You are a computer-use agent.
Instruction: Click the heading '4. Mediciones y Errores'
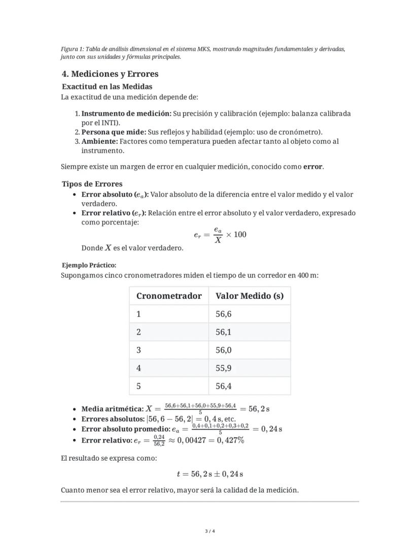[110, 74]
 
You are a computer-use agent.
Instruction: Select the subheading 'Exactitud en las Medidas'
[107, 87]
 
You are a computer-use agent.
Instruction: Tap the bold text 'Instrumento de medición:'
[126, 114]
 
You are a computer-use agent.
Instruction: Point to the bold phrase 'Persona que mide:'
[114, 132]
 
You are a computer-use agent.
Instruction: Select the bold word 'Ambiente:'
[99, 141]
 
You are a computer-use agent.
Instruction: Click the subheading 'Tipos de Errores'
[92, 184]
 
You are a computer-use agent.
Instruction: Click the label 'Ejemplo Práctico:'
[89, 265]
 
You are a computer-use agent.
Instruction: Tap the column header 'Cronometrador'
[168, 296]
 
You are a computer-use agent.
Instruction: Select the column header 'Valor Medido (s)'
[249, 296]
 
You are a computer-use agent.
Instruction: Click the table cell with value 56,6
[224, 314]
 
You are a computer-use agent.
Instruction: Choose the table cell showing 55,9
[224, 368]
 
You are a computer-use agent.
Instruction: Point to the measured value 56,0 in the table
[224, 350]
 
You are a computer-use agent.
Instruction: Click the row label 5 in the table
[138, 387]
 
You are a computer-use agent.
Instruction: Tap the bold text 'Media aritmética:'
[112, 409]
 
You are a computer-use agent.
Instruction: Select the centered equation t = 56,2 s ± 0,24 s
[209, 474]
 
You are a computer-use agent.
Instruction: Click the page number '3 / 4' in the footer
[209, 531]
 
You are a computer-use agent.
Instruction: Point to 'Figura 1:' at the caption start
[72, 49]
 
